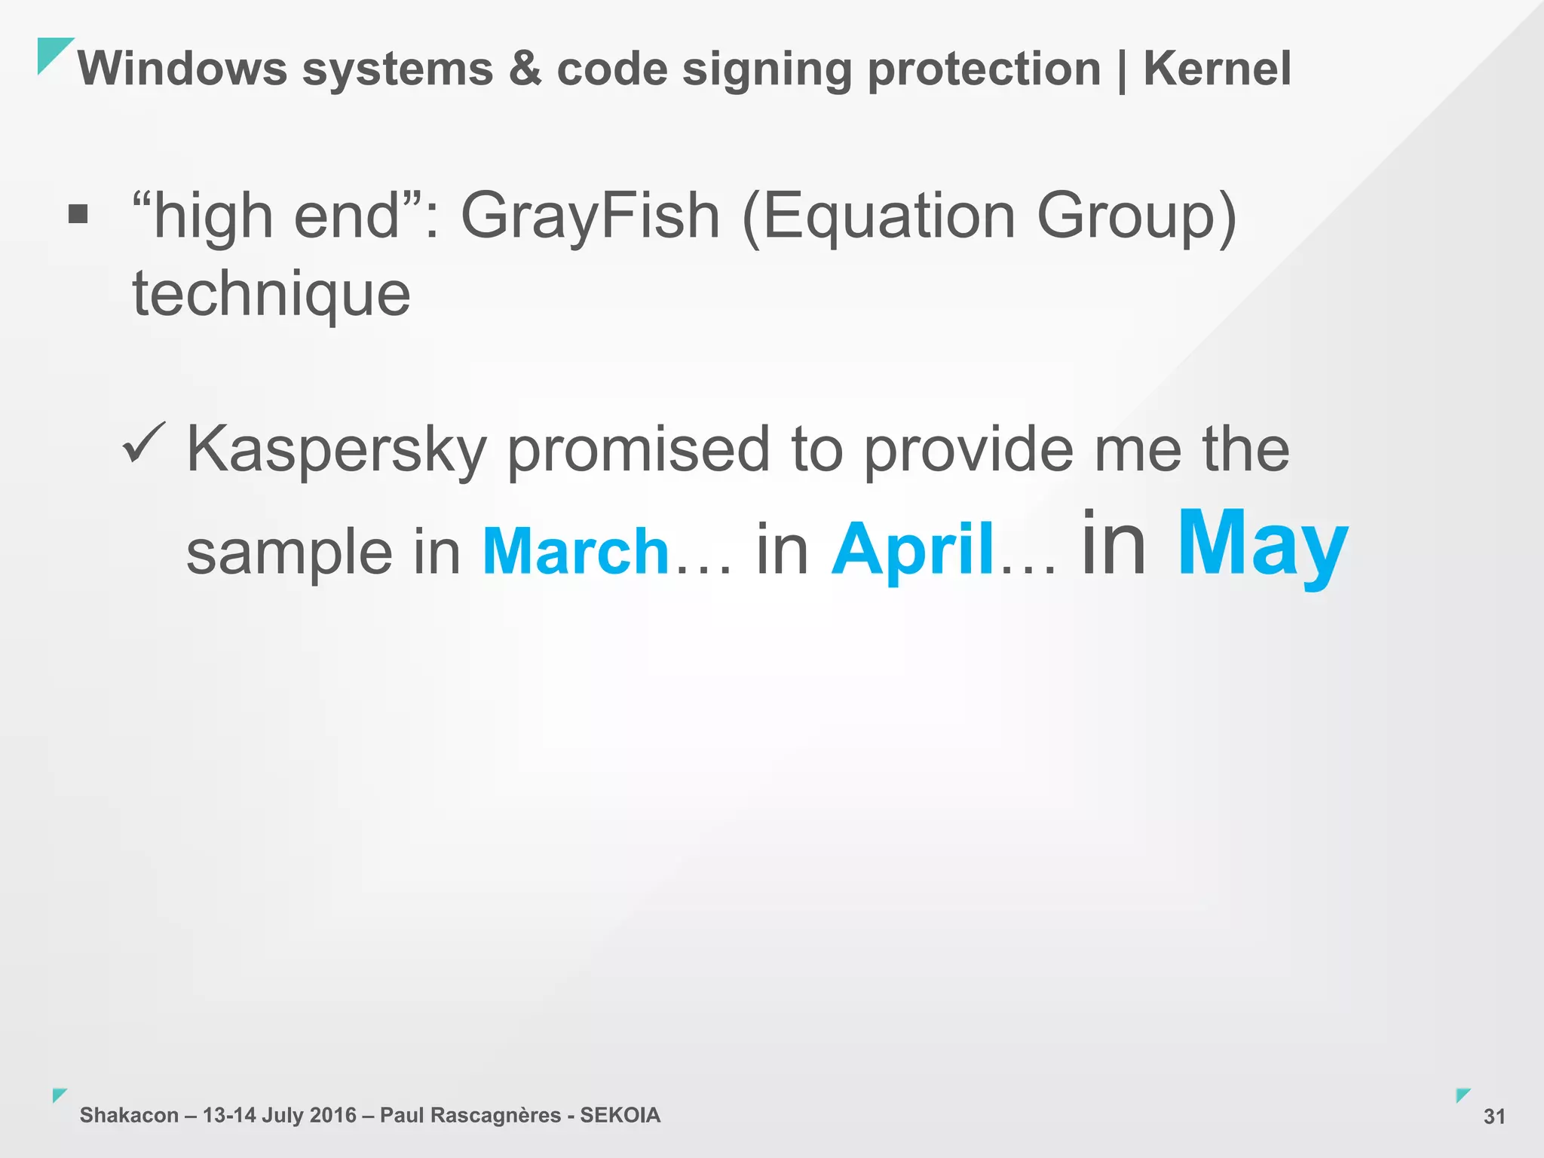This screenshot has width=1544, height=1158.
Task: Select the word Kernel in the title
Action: pos(1217,69)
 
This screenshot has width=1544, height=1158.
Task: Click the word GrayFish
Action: pos(590,217)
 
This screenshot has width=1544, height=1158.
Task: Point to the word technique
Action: pos(271,294)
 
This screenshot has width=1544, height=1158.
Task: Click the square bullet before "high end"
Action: pos(78,215)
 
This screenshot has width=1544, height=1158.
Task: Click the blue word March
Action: pos(575,551)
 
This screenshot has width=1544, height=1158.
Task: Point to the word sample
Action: pos(289,553)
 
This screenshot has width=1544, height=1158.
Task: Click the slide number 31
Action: pos(1494,1117)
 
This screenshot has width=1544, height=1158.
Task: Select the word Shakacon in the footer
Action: pos(129,1115)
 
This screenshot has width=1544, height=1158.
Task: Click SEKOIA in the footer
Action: pos(620,1115)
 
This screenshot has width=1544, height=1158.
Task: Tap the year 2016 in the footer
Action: pos(332,1115)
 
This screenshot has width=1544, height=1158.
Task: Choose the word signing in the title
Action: pos(767,70)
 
